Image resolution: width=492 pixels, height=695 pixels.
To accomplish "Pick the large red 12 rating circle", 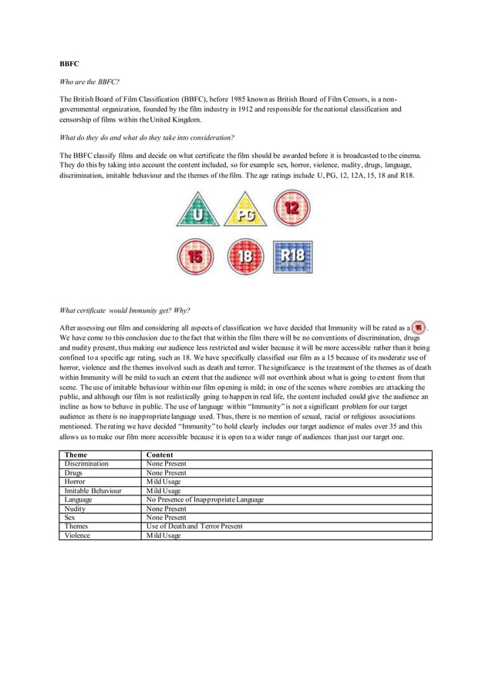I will (292, 209).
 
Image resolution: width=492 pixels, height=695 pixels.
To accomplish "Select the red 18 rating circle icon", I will (244, 257).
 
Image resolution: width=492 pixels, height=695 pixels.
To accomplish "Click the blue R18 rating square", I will (292, 257).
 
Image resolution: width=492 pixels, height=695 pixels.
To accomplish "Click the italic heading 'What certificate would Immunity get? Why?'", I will (124, 311).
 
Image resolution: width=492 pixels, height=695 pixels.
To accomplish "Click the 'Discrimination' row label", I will (86, 464).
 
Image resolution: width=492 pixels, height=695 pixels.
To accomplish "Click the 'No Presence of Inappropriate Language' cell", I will (205, 499).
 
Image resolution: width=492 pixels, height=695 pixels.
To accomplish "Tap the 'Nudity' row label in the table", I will (76, 508).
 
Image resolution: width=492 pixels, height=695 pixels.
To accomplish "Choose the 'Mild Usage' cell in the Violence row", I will (163, 535).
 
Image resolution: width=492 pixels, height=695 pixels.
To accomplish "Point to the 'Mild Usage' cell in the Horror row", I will (163, 482).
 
